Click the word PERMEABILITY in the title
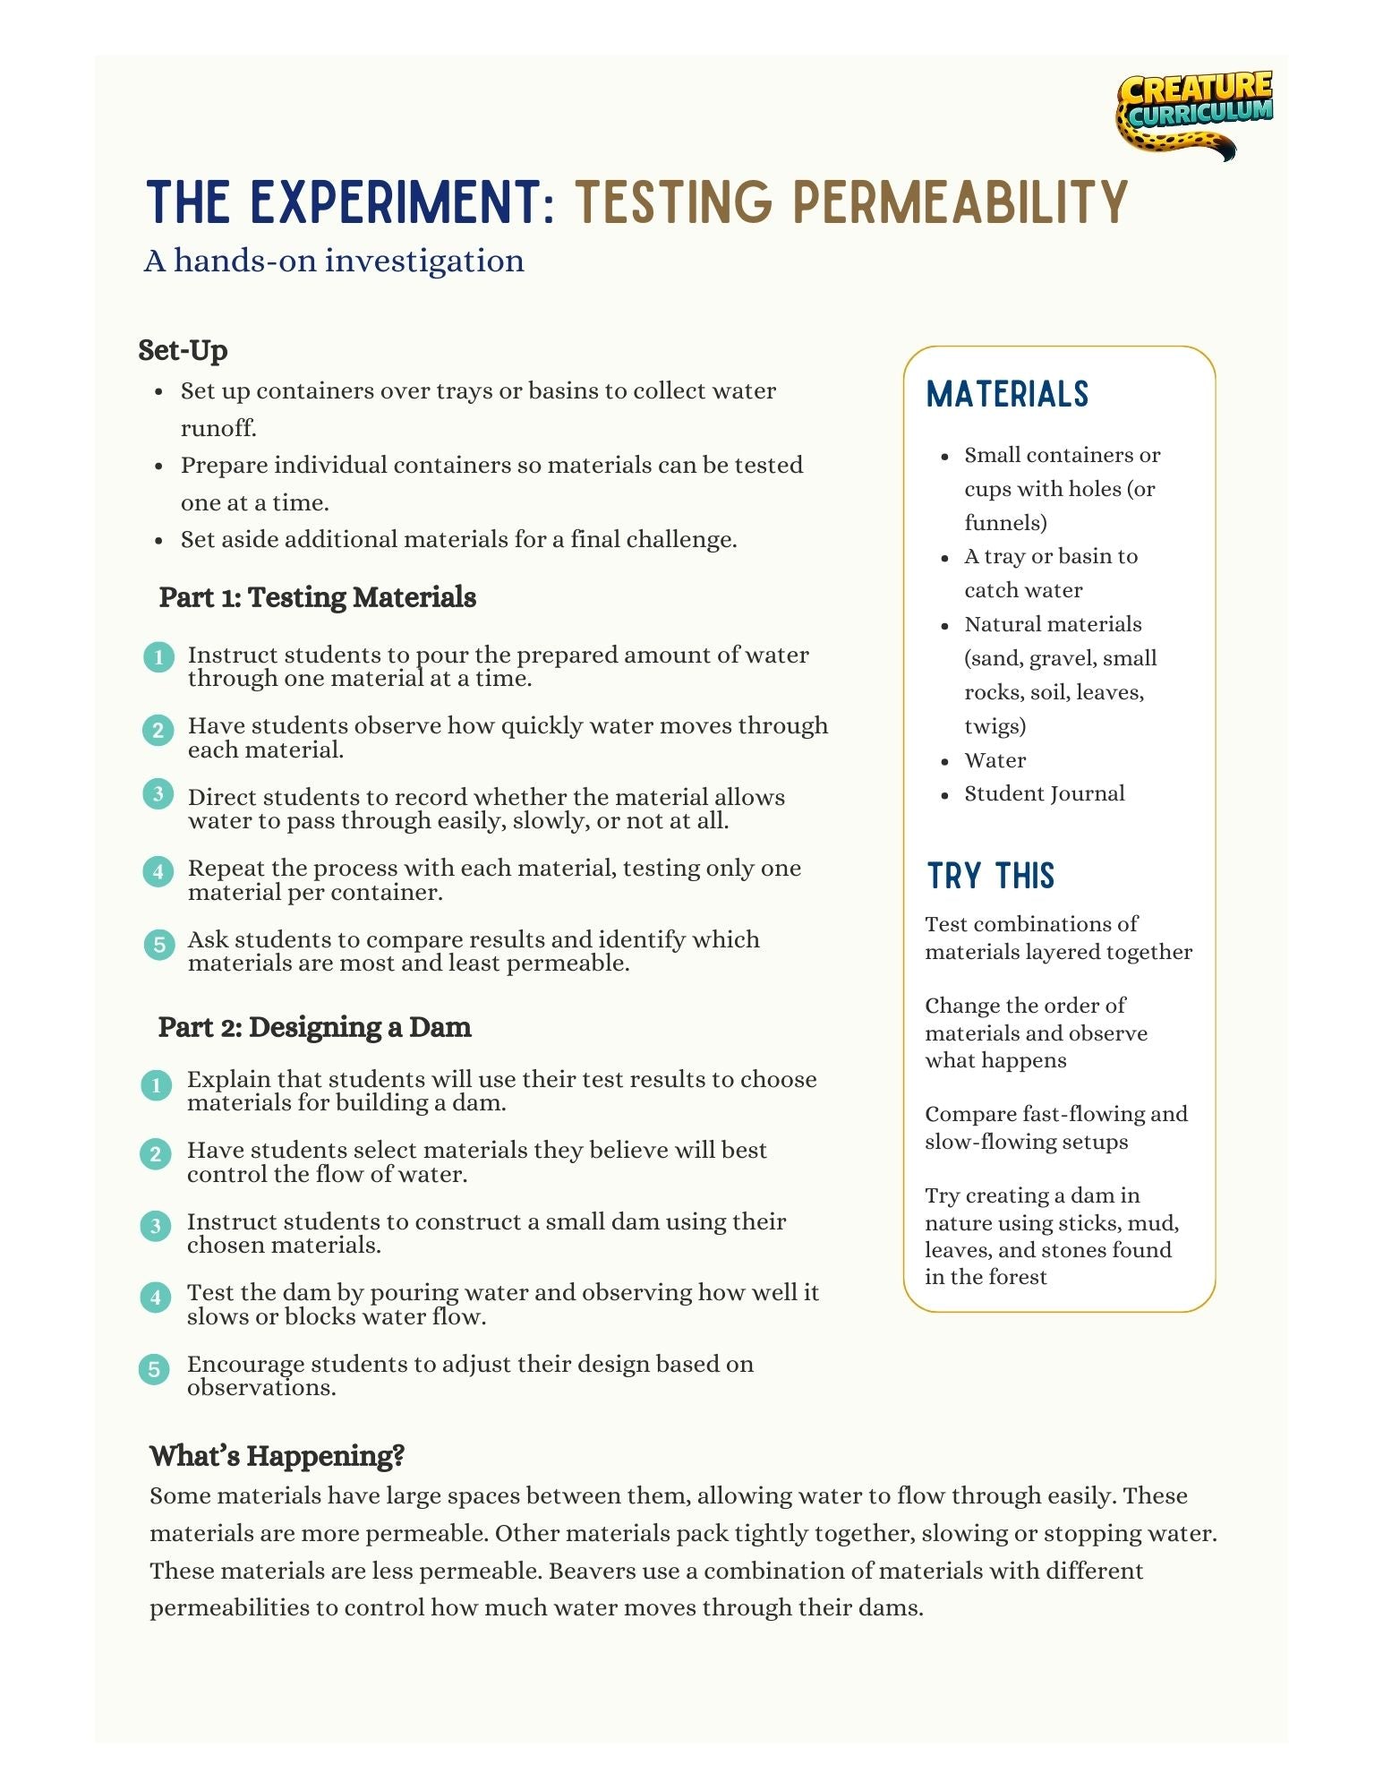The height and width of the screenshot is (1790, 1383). (960, 202)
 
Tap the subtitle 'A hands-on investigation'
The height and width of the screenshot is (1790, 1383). (334, 261)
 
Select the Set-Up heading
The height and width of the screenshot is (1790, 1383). (183, 350)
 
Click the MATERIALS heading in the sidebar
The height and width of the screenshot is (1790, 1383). (1007, 394)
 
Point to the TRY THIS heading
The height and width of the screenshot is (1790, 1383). (990, 876)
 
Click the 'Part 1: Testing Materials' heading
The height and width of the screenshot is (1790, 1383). (317, 597)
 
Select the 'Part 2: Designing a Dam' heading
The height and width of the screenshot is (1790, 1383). (314, 1027)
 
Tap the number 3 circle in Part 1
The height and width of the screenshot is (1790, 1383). (158, 794)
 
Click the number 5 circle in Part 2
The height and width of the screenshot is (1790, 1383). (155, 1369)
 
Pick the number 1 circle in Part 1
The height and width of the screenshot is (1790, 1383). (158, 657)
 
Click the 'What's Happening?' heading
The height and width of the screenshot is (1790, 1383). (277, 1456)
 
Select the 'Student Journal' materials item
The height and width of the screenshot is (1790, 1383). (1044, 794)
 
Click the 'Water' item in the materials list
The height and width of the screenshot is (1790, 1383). (995, 760)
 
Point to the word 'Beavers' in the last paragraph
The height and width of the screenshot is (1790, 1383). (593, 1571)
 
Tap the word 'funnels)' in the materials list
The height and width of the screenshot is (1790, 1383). (1005, 523)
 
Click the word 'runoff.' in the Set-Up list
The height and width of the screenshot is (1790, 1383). (218, 429)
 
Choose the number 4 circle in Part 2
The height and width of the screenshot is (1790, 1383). (155, 1298)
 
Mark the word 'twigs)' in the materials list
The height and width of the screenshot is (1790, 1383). (995, 726)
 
